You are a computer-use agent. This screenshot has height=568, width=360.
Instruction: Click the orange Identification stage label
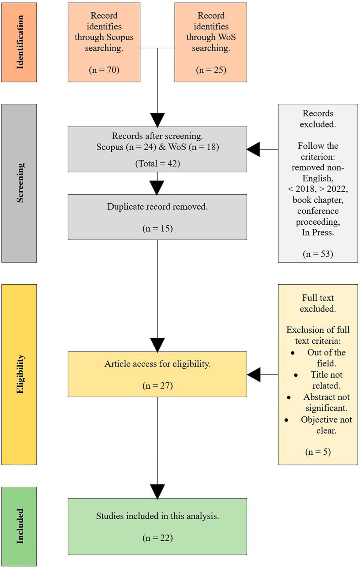[x=19, y=42]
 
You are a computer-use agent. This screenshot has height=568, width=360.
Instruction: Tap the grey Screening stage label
[x=19, y=183]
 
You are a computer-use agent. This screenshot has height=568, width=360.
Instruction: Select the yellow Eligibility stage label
[x=19, y=374]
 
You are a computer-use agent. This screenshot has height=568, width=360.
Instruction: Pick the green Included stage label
[x=19, y=526]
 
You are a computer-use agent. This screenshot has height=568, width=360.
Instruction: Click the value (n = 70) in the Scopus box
[x=104, y=70]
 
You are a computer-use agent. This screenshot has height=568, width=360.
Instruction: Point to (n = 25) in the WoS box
[x=211, y=70]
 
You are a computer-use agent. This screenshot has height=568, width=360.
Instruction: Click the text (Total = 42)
[x=157, y=163]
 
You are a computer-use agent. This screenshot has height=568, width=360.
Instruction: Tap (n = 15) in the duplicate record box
[x=157, y=229]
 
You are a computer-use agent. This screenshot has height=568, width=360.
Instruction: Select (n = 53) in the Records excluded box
[x=318, y=254]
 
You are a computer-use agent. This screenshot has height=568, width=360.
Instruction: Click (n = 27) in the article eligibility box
[x=157, y=385]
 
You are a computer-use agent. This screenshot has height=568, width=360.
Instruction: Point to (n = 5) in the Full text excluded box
[x=318, y=452]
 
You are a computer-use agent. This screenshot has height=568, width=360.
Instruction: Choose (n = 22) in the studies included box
[x=157, y=538]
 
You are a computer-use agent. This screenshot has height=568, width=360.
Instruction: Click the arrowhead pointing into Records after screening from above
[x=157, y=120]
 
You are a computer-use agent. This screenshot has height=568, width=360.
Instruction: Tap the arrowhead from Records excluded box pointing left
[x=253, y=149]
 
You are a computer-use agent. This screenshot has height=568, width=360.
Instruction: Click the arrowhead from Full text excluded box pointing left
[x=254, y=374]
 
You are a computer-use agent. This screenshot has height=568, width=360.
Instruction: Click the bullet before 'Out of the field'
[x=292, y=353]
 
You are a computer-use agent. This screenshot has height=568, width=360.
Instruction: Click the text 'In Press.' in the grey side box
[x=318, y=232]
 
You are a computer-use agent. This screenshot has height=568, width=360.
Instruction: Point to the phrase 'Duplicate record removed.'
[x=157, y=207]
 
